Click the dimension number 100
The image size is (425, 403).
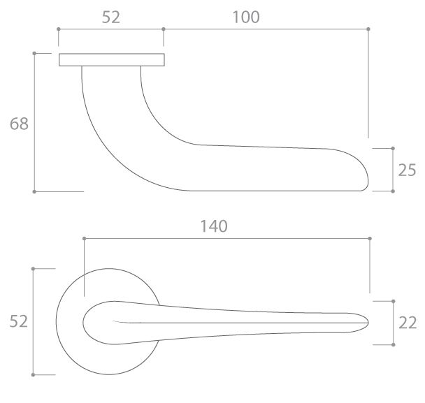246,17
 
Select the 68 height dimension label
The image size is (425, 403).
19,124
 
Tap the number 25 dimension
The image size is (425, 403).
407,170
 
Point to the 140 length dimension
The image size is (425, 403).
214,226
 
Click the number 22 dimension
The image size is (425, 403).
408,323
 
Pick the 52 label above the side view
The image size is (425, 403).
111,17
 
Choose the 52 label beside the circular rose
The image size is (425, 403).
18,321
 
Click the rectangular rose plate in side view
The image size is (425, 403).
112,60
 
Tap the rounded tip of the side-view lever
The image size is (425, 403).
368,180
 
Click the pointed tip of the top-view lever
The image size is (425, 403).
368,323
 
